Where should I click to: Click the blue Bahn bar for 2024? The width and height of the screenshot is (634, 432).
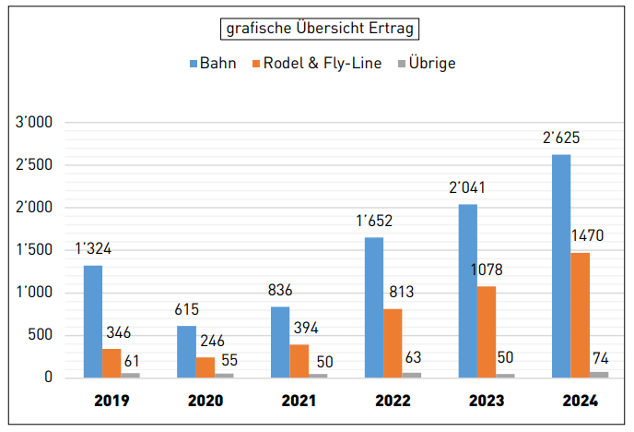pos(561,266)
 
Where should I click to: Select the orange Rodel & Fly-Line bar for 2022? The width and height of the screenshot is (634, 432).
pos(393,343)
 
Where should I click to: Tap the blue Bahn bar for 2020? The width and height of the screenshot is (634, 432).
pos(186,352)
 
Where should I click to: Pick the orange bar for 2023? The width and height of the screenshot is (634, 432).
pos(487,332)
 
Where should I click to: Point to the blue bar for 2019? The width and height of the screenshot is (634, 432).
pos(93,321)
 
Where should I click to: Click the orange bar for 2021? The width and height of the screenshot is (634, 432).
pos(299,361)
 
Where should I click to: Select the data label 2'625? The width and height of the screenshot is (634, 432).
pos(561,138)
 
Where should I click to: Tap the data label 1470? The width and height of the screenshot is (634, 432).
pos(587,235)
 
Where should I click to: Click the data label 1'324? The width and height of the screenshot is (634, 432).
pos(93,248)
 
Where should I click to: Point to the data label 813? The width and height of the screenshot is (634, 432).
pos(402,292)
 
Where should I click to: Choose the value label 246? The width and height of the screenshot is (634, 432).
pos(212,341)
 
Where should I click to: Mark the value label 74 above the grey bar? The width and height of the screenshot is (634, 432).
pos(601,358)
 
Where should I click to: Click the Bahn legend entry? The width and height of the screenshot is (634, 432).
pos(213,63)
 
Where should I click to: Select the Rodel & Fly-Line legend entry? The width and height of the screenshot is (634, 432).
pos(317,63)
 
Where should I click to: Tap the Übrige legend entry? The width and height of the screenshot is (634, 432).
pos(427,63)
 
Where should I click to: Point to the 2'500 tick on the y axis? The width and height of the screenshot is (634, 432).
pos(34,165)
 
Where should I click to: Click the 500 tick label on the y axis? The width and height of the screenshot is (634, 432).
pos(40,335)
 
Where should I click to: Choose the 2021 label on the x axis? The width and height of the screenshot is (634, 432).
pos(299,401)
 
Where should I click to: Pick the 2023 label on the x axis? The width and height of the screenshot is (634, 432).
pos(487,401)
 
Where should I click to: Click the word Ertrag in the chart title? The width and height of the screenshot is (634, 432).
pos(392,29)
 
